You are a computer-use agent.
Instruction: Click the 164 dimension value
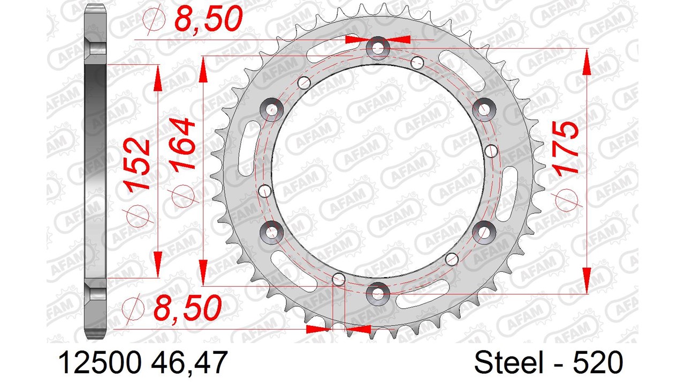[183, 144]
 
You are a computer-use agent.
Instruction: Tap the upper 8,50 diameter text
[209, 18]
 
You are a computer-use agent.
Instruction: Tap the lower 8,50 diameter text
[187, 307]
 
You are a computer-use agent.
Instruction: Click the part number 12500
[100, 362]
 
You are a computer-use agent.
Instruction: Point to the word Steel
[509, 362]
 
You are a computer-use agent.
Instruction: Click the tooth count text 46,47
[189, 363]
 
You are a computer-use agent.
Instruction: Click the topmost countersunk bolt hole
[378, 48]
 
